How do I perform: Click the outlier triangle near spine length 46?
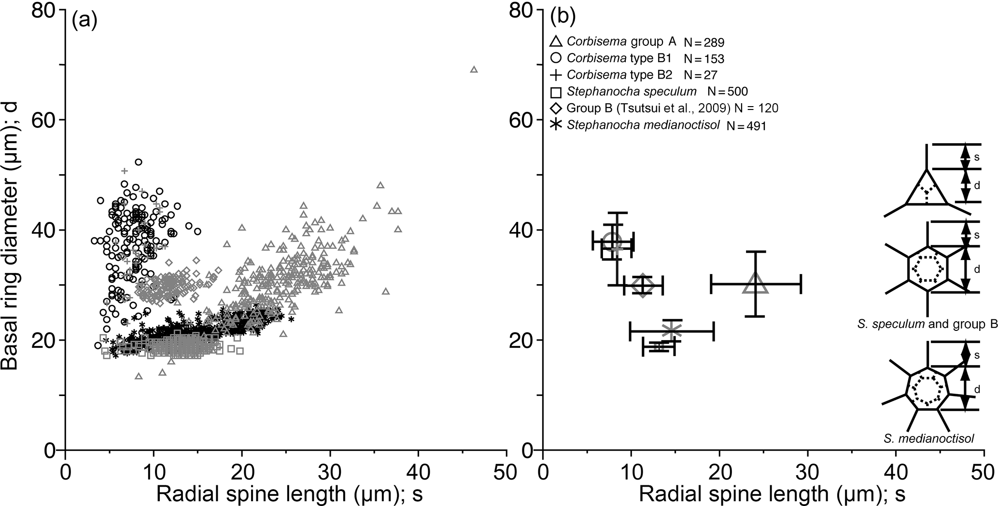(x=474, y=69)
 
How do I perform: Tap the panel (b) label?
(x=562, y=18)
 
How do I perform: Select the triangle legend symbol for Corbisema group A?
(x=556, y=42)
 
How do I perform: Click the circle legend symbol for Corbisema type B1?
(x=556, y=58)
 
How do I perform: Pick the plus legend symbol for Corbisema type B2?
(x=556, y=74)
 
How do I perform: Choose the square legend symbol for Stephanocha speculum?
(x=556, y=91)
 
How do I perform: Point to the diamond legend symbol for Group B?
(x=556, y=108)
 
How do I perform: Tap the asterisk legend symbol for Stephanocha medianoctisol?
(x=556, y=124)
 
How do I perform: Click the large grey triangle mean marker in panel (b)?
(x=756, y=285)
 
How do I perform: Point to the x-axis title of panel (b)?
(x=772, y=493)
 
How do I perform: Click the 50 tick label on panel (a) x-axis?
(x=506, y=470)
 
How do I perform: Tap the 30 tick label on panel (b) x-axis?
(x=807, y=470)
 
